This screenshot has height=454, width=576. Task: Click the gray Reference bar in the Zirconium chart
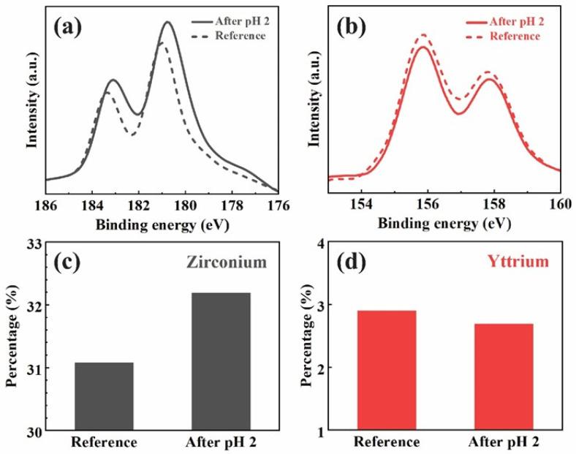click(105, 396)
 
